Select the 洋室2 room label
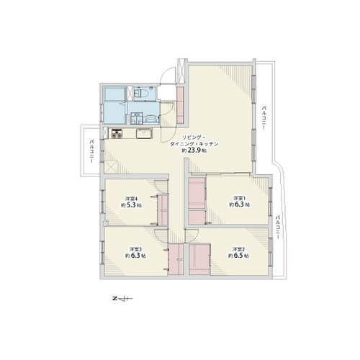tap(238, 249)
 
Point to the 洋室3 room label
tap(135, 249)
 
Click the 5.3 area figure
tap(131, 205)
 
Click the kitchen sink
tap(144, 133)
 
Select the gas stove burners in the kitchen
tap(117, 133)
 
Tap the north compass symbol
tap(122, 299)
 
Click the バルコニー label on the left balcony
tap(91, 151)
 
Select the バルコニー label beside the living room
tap(264, 117)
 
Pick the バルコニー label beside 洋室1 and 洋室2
tap(277, 227)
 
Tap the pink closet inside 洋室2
tap(199, 259)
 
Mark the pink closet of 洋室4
tap(163, 210)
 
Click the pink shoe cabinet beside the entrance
tap(180, 105)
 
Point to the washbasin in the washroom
tap(136, 118)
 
